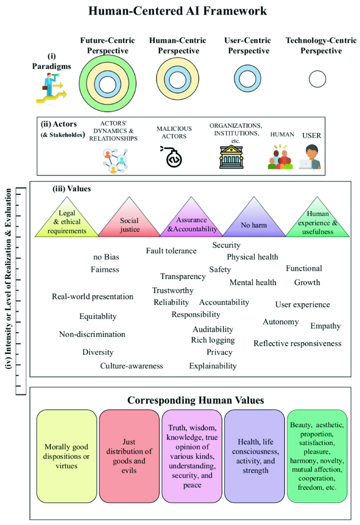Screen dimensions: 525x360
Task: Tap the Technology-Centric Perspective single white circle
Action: [x=317, y=79]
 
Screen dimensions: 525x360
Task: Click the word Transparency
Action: [x=183, y=276]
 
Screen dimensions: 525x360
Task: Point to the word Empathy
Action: [x=325, y=326]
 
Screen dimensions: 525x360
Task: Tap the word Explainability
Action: [x=213, y=366]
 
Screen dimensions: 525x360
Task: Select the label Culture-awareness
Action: [x=131, y=366]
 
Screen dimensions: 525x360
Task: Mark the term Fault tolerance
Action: [x=171, y=251]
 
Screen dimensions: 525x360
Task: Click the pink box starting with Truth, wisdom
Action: [x=192, y=455]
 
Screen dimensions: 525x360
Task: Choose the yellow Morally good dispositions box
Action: [x=67, y=455]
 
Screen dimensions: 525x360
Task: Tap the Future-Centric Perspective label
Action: [x=108, y=46]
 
